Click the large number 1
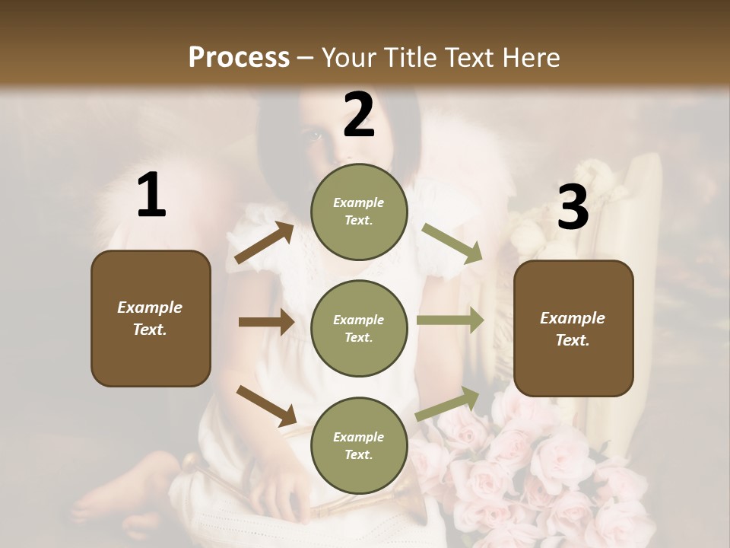tap(151, 196)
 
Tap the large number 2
tap(359, 116)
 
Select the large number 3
tap(573, 207)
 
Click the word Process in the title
tap(239, 57)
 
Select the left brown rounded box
tap(151, 318)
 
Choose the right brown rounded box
tap(573, 328)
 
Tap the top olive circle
tap(359, 212)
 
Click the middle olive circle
tap(359, 328)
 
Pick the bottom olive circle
tap(359, 445)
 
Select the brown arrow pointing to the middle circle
tap(266, 322)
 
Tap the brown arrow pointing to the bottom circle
tap(266, 405)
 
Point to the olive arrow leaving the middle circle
tap(450, 320)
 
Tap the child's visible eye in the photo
tap(314, 137)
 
